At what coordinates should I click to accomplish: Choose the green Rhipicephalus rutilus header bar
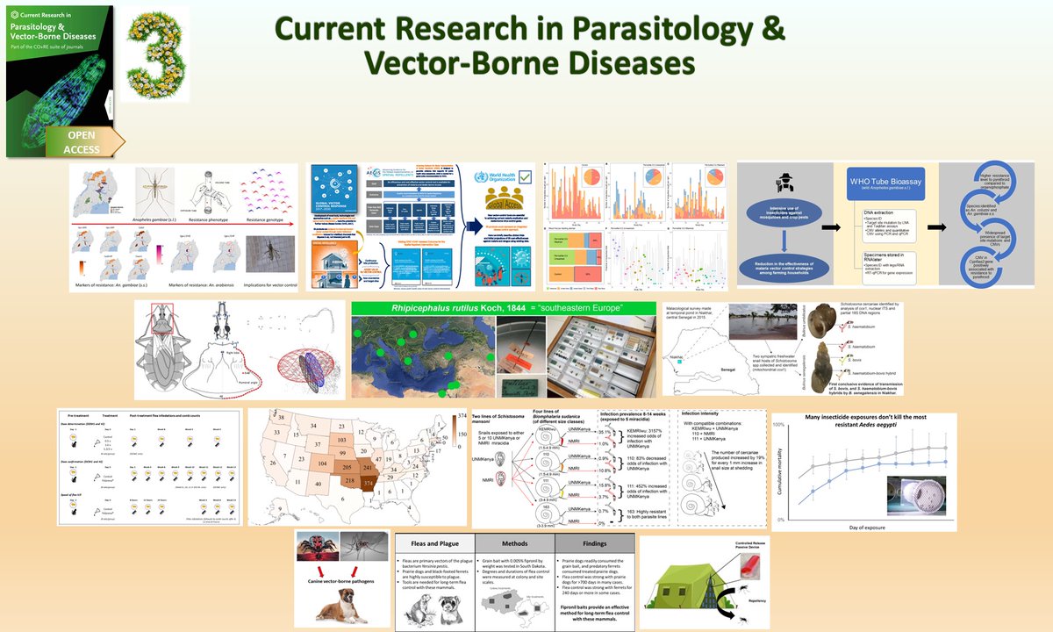click(x=502, y=309)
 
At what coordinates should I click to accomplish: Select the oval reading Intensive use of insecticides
click(x=775, y=219)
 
